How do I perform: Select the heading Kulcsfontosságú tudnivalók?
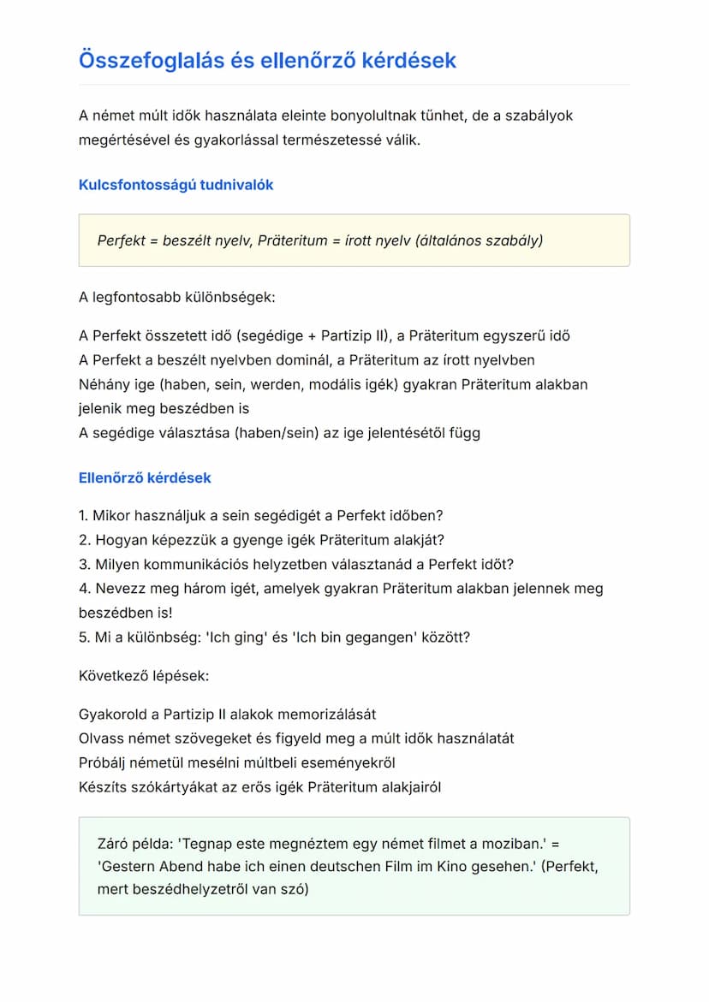[x=176, y=185]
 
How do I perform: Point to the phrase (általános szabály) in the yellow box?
[x=479, y=240]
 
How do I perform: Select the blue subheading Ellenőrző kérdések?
[x=145, y=477]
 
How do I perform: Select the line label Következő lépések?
[x=144, y=676]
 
